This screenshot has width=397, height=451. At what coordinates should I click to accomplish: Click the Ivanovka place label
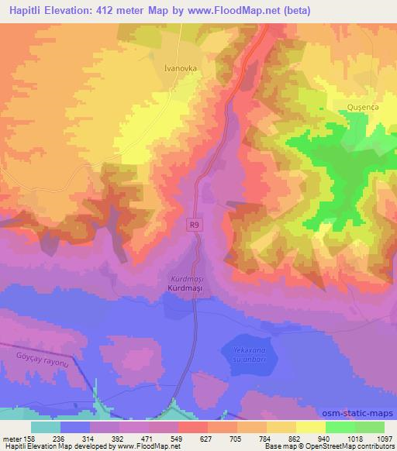[180, 68]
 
